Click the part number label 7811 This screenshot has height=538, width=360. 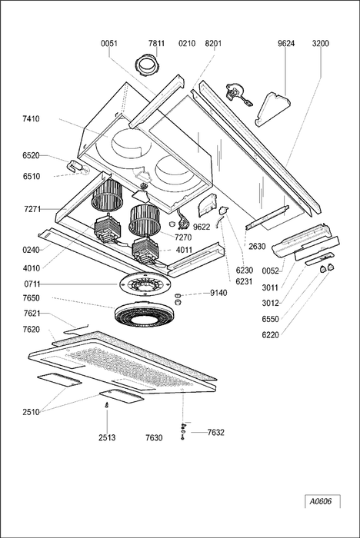pos(156,43)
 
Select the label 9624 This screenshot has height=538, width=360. pos(286,43)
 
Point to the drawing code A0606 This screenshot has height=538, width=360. pos(321,501)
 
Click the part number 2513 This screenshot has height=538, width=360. pos(107,437)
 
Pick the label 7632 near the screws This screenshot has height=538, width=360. pos(215,432)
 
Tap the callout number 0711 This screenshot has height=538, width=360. pos(32,284)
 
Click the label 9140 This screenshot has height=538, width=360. pos(218,293)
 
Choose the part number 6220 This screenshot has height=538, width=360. pos(270,334)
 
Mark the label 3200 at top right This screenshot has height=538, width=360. pos(321,43)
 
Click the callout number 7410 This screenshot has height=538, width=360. pos(31,118)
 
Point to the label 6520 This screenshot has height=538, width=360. pos(31,155)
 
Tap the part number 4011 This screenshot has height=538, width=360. pos(184,250)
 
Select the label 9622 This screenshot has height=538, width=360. pos(202,227)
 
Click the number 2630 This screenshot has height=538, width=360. pos(257,246)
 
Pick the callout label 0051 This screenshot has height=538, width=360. pos(109,43)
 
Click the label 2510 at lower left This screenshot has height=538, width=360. pos(32,412)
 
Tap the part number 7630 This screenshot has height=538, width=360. pos(154,437)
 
